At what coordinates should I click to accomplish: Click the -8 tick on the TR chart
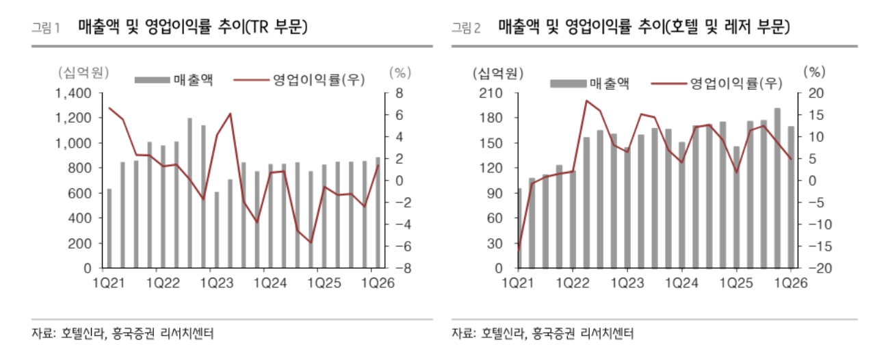[x=397, y=269]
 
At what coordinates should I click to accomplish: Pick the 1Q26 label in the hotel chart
[x=789, y=282]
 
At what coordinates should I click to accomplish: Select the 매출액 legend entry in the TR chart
[x=174, y=79]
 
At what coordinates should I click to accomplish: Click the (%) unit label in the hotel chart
[x=815, y=70]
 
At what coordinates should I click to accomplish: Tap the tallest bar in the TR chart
[x=190, y=193]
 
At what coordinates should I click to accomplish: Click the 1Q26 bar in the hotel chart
[x=791, y=197]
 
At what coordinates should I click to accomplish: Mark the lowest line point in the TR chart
[x=311, y=242]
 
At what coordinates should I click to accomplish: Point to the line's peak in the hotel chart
[x=586, y=101]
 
